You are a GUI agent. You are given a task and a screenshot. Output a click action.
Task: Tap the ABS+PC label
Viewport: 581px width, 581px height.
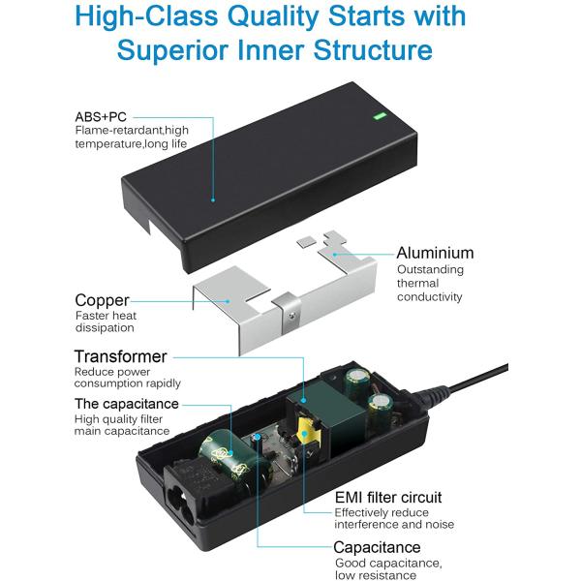(102, 115)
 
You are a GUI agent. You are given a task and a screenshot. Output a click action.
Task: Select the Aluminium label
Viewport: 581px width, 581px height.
(435, 253)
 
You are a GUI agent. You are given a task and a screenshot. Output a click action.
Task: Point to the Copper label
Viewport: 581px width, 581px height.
(102, 300)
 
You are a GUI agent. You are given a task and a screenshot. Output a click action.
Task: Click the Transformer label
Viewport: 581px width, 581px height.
(120, 356)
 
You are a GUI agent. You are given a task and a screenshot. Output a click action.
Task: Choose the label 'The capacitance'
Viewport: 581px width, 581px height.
(126, 403)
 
